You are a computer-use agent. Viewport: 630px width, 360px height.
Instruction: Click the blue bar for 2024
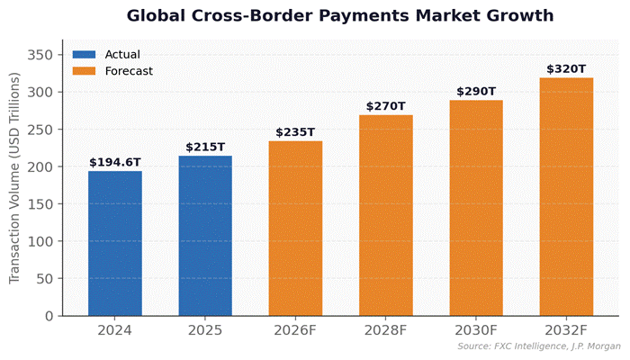114,243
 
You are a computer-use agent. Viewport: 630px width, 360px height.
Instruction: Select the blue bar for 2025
205,236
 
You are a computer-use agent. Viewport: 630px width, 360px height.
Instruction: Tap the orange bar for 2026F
295,229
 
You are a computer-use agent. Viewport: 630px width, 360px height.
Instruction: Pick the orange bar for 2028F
386,215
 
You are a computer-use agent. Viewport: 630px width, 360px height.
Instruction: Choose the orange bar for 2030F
476,208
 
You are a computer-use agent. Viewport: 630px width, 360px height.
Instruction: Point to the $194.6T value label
114,162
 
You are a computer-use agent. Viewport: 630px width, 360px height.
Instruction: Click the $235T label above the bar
295,132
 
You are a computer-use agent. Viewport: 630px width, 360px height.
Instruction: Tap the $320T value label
566,69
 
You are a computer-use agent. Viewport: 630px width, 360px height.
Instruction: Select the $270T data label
386,106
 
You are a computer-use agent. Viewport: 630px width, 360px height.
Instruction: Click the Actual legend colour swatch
84,54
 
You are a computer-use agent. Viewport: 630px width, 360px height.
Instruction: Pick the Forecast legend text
129,71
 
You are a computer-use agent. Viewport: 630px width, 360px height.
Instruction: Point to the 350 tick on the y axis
41,55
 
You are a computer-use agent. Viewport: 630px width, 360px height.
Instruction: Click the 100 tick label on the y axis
41,241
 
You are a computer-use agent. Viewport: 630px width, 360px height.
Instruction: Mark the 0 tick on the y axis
50,316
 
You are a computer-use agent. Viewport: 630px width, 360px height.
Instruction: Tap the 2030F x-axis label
476,331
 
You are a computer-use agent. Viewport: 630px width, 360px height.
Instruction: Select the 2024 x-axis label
114,331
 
